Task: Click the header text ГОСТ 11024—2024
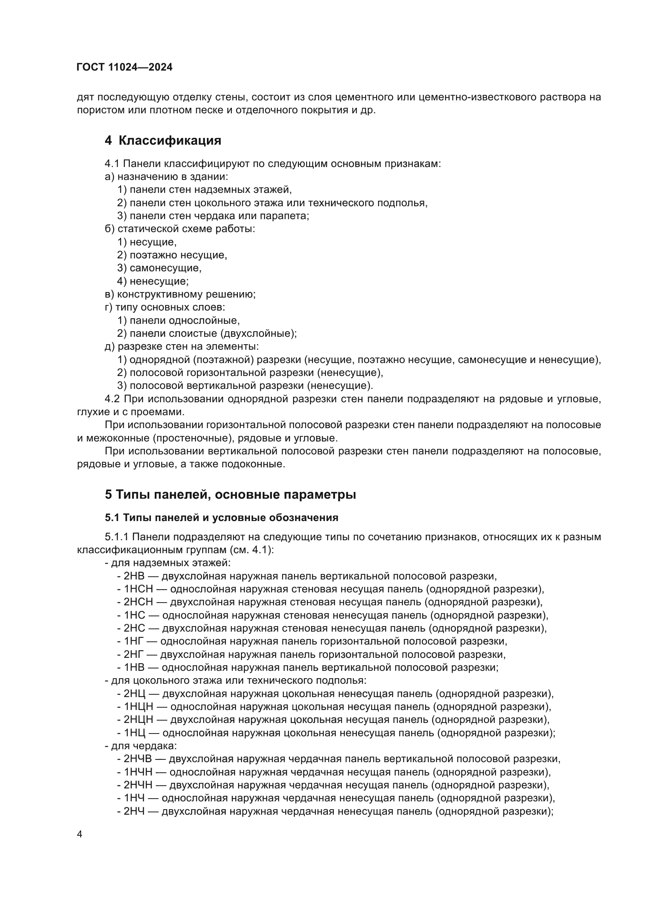click(125, 67)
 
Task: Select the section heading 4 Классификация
click(163, 141)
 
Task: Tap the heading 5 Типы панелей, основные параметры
click(230, 494)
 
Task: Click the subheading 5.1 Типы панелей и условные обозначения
click(221, 518)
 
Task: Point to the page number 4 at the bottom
click(80, 834)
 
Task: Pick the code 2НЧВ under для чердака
click(138, 759)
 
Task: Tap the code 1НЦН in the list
click(138, 706)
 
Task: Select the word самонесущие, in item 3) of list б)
click(166, 268)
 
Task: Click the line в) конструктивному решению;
click(180, 294)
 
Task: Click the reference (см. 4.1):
click(252, 550)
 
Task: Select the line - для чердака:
click(141, 746)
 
